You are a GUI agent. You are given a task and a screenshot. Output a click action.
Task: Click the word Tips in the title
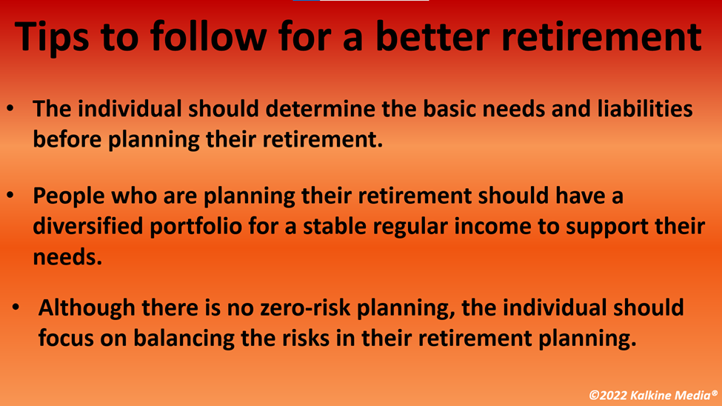pos(52,37)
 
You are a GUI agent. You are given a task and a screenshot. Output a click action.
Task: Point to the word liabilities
pos(645,109)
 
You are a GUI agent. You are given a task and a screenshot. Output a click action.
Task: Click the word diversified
pos(88,226)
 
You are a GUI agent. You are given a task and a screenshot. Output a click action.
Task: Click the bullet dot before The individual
pos(10,109)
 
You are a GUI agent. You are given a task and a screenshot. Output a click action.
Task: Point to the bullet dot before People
pos(10,196)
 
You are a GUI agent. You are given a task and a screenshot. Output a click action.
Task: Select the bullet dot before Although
pos(16,307)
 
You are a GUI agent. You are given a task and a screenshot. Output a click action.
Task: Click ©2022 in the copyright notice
pos(608,395)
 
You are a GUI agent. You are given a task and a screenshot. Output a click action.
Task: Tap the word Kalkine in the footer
pos(647,395)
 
